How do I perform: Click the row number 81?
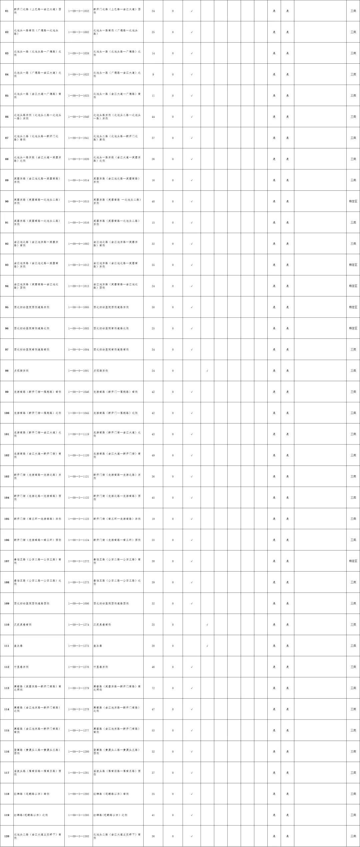(7, 11)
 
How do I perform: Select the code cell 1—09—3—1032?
(79, 11)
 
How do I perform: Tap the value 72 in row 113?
(153, 688)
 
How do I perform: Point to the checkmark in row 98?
(207, 370)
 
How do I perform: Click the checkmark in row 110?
(207, 625)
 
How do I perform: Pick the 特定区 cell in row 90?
(353, 201)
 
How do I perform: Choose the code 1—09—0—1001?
(79, 370)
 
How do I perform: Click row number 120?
(7, 836)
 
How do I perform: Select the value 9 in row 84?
(153, 74)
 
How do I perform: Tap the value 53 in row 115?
(153, 730)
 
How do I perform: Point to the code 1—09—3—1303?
(79, 836)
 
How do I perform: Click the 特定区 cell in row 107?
(353, 561)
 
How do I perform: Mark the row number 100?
(7, 413)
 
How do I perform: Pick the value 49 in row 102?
(153, 455)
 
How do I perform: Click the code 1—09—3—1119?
(79, 434)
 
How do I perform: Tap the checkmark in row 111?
(207, 646)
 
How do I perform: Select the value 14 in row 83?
(153, 53)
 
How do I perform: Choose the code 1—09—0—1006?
(79, 603)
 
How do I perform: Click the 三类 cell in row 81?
(353, 11)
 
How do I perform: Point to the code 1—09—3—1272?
(79, 561)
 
